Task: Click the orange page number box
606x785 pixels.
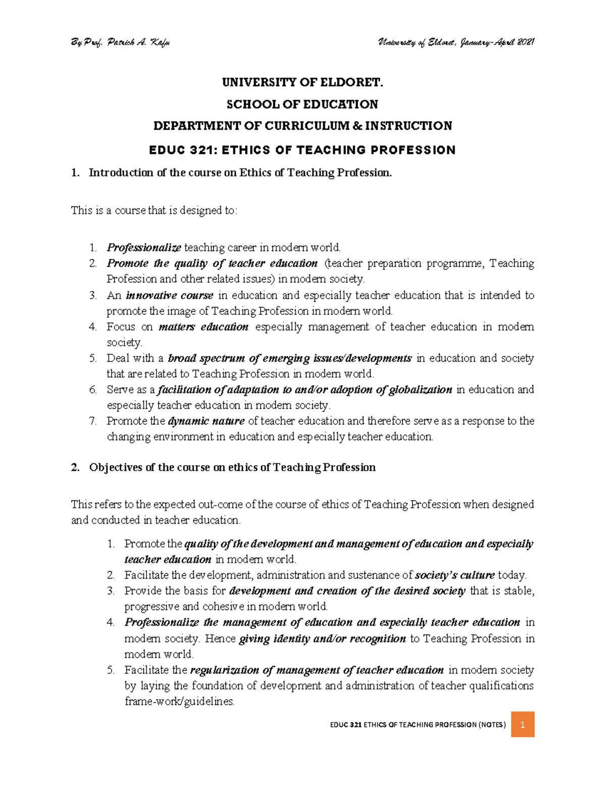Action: point(523,724)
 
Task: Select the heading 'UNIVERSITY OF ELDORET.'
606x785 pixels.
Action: point(302,82)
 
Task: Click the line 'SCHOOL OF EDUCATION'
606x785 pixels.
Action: point(302,104)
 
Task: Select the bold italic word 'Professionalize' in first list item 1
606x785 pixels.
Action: point(143,248)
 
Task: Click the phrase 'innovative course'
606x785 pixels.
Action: point(170,295)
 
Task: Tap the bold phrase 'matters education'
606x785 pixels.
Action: point(203,327)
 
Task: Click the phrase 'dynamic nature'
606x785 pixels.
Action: point(206,421)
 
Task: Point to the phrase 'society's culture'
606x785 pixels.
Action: point(454,575)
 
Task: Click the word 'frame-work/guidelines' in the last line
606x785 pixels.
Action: point(179,702)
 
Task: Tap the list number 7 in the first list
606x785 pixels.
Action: point(92,421)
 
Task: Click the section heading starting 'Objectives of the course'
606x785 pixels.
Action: point(232,468)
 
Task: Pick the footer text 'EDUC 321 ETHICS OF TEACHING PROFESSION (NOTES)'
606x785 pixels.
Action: point(418,725)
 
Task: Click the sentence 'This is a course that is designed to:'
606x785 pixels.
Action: point(154,210)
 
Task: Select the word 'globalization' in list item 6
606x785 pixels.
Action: point(420,390)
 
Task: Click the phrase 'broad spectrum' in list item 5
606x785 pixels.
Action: point(206,358)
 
